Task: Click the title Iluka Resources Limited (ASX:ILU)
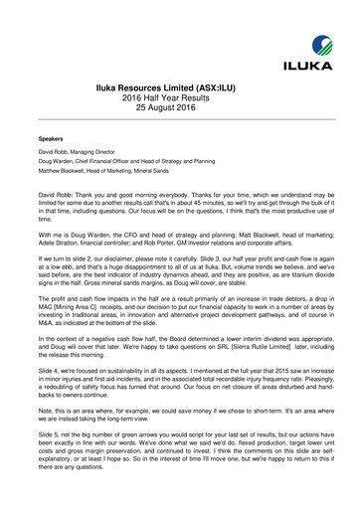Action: pos(180,86)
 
